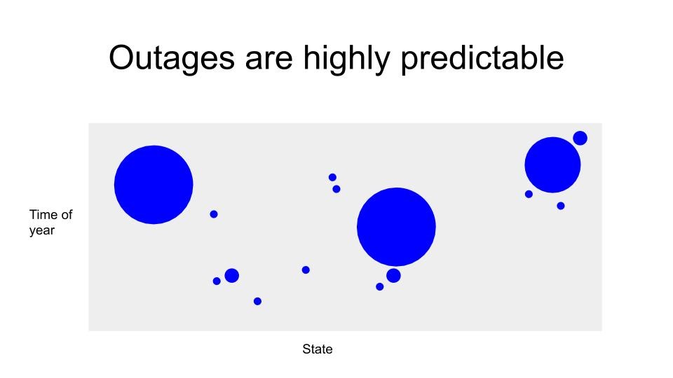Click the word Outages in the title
(x=172, y=58)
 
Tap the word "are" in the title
(x=269, y=60)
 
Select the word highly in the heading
(x=347, y=59)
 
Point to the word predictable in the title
(x=482, y=59)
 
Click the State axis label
(x=317, y=349)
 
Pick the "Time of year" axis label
(x=50, y=222)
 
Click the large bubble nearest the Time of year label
(x=154, y=185)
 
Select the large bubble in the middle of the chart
(x=396, y=227)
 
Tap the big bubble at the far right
(x=552, y=165)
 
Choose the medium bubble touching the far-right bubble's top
(x=580, y=138)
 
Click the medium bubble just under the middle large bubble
(x=393, y=276)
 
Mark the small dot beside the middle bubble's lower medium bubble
(x=380, y=287)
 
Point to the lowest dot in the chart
(x=257, y=301)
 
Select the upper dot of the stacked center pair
(x=332, y=177)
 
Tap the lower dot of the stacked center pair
(x=336, y=189)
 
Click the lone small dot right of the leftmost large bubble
(x=214, y=214)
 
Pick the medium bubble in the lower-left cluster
(x=232, y=276)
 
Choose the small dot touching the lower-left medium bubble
(x=217, y=281)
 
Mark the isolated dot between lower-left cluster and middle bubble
(x=306, y=270)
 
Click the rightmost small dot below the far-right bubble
(x=561, y=206)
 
